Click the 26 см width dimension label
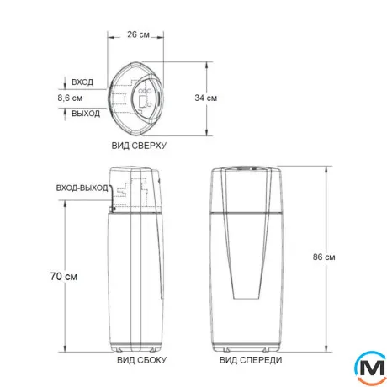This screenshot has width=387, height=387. coord(138,34)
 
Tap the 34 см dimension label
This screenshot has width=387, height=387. coord(206,98)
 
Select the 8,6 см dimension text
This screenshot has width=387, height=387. coord(70,98)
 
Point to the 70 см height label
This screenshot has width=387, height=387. coord(64,276)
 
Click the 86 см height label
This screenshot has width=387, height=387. coord(324,257)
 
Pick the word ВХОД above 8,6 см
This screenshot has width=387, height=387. coord(82,82)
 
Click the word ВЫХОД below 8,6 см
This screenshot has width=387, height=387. coord(86,114)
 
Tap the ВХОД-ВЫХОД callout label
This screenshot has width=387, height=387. coord(82,188)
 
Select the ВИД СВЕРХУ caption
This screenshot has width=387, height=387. coord(139,146)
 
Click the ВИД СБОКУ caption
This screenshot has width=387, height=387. coord(142,360)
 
